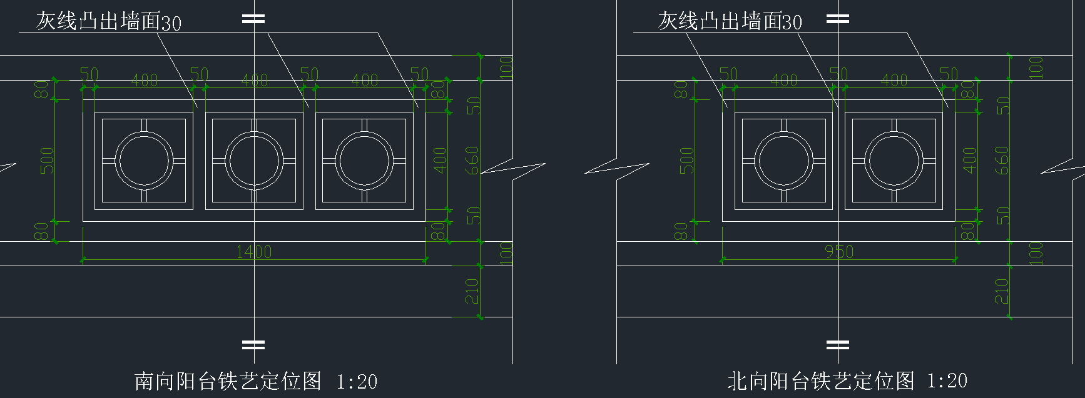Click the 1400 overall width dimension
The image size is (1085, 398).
[x=254, y=252]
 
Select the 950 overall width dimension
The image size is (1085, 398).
[x=838, y=252]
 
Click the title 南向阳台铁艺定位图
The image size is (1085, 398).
[x=228, y=381]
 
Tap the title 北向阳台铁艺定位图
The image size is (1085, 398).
[x=820, y=381]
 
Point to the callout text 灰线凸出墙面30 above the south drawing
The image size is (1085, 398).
[x=108, y=22]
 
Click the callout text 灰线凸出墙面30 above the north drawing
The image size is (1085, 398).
[x=730, y=22]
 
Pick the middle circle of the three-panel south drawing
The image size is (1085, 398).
[x=254, y=161]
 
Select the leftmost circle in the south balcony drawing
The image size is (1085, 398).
[x=144, y=161]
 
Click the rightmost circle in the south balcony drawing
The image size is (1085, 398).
[x=364, y=161]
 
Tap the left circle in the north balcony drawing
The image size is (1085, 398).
[x=783, y=161]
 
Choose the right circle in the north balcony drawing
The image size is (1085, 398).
[x=894, y=161]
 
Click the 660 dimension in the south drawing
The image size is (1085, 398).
[x=472, y=161]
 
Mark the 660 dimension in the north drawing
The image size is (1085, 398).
[x=1002, y=161]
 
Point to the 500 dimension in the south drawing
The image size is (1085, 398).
[x=48, y=161]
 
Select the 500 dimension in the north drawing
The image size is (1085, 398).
[x=687, y=161]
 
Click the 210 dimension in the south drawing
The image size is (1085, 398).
[x=472, y=291]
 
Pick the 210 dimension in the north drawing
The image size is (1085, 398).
[x=1002, y=291]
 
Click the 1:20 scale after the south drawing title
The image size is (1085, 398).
[x=357, y=381]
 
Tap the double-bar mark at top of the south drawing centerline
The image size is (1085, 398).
[x=253, y=19]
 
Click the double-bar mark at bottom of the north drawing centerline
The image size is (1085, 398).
[x=838, y=344]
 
